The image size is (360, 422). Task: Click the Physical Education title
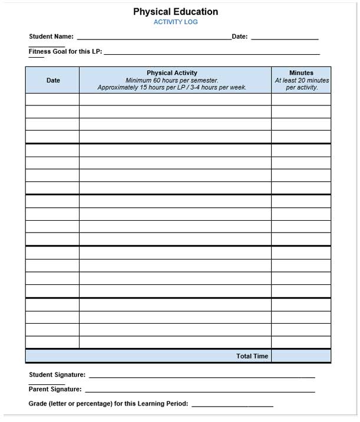tap(175, 11)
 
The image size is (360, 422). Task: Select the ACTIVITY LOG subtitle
tap(176, 22)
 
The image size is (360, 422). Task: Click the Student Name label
tap(51, 36)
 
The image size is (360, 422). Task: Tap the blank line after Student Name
tap(154, 38)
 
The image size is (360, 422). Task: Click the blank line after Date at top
tap(285, 38)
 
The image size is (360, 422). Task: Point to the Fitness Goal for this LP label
tap(65, 51)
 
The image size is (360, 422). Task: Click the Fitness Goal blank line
tap(212, 53)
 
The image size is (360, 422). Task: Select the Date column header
tap(53, 80)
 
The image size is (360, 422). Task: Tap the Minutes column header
tap(301, 73)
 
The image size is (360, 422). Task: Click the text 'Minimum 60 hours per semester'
tap(172, 80)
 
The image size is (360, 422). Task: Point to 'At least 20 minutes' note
tap(302, 80)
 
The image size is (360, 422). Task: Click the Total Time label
tap(252, 356)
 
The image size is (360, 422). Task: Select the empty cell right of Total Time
tap(301, 356)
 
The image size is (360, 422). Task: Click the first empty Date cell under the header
tap(52, 99)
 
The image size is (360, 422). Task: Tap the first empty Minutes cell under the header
tap(301, 99)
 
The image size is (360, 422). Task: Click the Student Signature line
tap(202, 376)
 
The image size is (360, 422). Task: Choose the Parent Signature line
tap(200, 391)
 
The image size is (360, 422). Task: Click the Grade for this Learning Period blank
tap(232, 406)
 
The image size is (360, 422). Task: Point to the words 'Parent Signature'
tap(55, 389)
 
